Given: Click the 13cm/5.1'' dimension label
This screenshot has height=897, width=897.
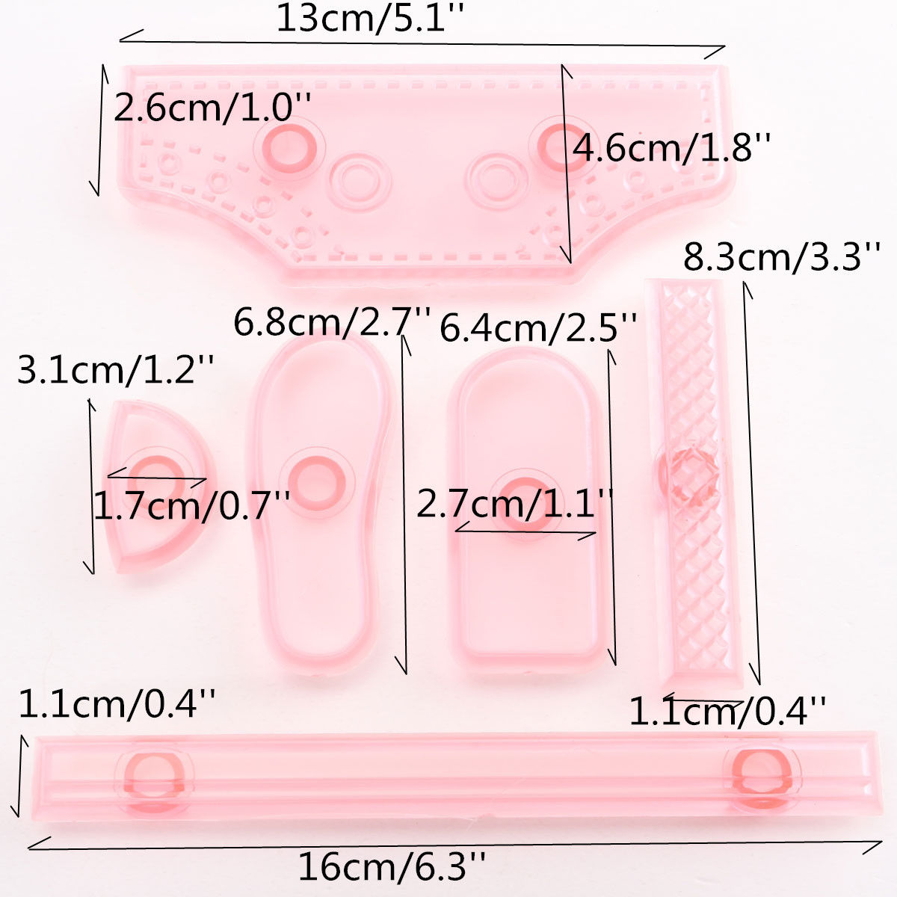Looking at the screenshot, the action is click(370, 19).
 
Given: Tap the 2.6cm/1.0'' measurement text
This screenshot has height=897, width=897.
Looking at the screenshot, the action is click(212, 108).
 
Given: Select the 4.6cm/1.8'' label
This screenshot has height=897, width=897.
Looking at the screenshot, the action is click(671, 147).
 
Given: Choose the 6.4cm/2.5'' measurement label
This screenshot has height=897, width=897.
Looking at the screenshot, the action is click(538, 327).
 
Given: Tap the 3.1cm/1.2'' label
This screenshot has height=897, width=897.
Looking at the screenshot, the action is click(116, 369).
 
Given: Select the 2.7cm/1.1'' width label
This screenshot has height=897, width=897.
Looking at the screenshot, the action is click(514, 503).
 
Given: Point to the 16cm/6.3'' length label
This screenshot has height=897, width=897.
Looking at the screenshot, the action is click(392, 866).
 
